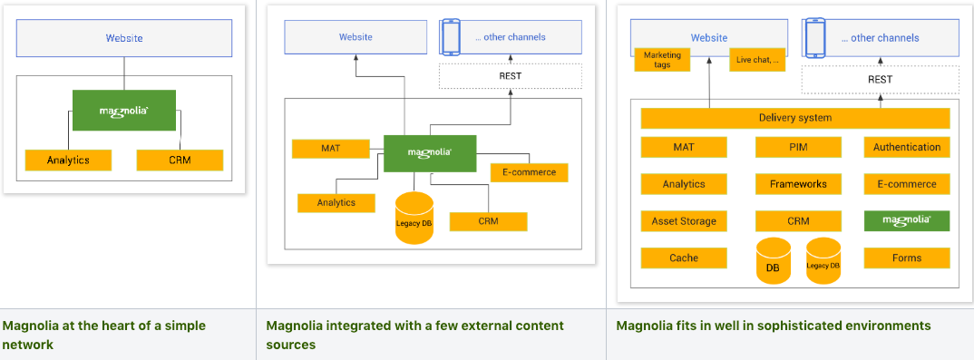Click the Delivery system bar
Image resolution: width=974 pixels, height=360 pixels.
794,118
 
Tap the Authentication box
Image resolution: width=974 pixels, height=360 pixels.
906,147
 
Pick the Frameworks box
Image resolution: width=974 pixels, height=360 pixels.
798,184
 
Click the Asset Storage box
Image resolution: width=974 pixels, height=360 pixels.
684,221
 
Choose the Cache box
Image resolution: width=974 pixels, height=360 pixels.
684,258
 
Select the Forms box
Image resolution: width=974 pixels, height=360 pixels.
906,258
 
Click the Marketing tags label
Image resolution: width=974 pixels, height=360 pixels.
662,60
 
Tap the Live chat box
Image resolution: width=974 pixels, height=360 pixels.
757,60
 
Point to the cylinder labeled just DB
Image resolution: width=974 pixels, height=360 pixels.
774,261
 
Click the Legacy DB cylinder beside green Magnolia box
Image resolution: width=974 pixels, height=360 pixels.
414,219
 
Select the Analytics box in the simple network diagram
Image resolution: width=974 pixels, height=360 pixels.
69,161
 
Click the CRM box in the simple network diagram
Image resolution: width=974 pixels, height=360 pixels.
180,161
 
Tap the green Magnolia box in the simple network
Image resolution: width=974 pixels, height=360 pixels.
124,111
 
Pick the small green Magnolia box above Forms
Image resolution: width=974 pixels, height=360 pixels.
906,220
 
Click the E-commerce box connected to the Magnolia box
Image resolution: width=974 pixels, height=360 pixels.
529,172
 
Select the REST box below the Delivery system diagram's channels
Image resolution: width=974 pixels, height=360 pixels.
879,79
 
